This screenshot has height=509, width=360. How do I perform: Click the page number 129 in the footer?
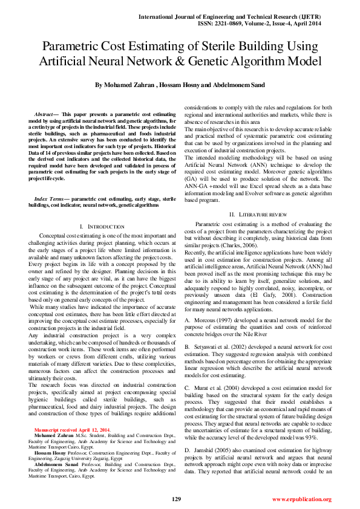point(177,499)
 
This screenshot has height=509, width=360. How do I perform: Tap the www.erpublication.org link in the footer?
point(301,499)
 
